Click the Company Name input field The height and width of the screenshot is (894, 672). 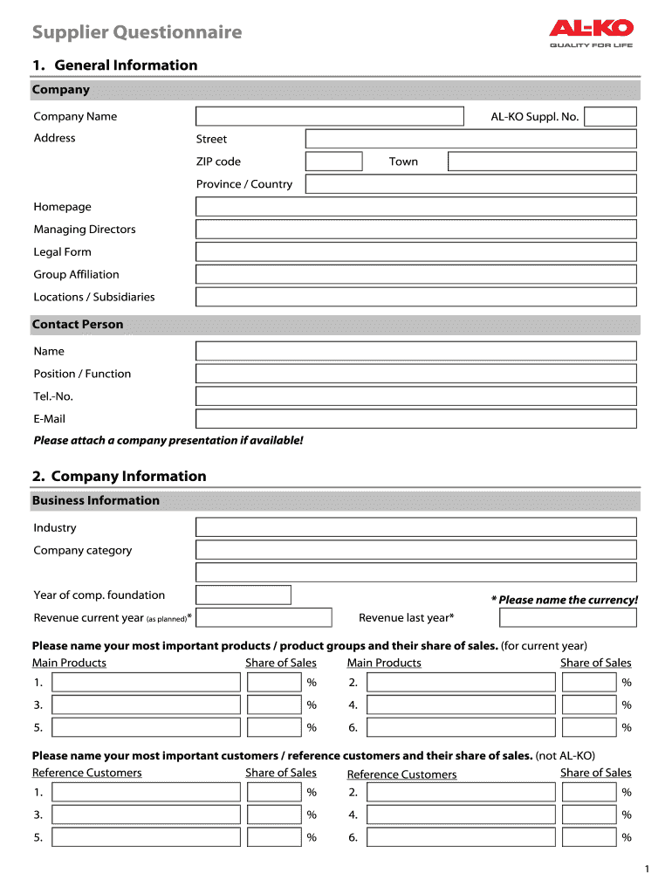click(x=330, y=117)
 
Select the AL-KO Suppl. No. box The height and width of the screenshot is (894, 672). click(x=610, y=117)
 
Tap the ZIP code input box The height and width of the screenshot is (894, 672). click(x=333, y=162)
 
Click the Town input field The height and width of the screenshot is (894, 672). click(x=542, y=162)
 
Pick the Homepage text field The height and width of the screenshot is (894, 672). click(x=416, y=207)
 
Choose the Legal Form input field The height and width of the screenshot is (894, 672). click(x=416, y=252)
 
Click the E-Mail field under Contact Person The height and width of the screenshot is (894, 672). click(x=416, y=419)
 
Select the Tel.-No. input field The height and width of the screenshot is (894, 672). click(x=416, y=396)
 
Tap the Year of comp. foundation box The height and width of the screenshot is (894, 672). click(x=243, y=595)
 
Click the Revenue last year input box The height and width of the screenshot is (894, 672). click(x=568, y=618)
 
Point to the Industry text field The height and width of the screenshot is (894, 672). click(x=416, y=527)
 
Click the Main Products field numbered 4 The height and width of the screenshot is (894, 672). click(x=461, y=705)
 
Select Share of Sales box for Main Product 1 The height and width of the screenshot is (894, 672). click(x=274, y=683)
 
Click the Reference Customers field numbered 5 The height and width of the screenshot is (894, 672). click(x=146, y=837)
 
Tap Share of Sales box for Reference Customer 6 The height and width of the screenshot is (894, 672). click(x=589, y=837)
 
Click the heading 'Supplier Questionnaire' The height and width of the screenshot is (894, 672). click(x=137, y=33)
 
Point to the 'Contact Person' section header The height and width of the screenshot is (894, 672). click(x=78, y=325)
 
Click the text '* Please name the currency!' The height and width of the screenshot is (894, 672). click(x=564, y=600)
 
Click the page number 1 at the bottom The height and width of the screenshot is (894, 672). click(x=647, y=869)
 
